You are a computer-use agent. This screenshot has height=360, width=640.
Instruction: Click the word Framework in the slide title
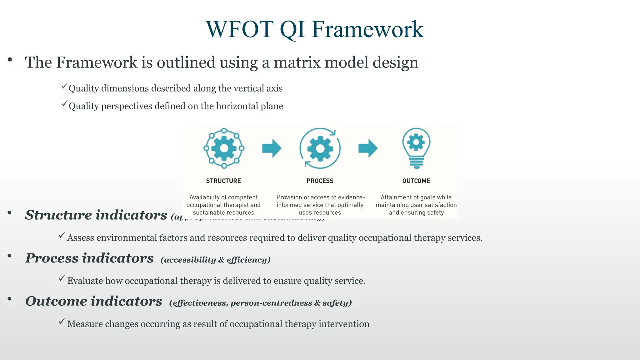367,29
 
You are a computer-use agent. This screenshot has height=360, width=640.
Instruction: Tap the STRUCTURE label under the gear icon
223,181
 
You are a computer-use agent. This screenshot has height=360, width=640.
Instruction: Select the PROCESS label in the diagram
320,181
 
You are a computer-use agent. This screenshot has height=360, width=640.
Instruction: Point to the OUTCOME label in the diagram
416,181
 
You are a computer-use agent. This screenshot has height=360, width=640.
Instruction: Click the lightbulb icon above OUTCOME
416,147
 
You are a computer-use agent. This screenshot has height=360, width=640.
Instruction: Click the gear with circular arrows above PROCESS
320,148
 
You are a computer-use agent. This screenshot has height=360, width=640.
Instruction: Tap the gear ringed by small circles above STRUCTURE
224,148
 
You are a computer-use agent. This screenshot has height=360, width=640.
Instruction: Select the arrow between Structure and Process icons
272,148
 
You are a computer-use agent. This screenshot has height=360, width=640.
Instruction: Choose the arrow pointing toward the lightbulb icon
368,148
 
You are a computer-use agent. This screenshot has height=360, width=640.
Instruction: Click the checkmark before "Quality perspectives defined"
64,104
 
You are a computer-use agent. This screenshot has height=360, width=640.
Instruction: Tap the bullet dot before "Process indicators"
10,256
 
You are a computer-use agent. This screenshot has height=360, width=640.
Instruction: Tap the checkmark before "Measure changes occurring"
62,322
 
